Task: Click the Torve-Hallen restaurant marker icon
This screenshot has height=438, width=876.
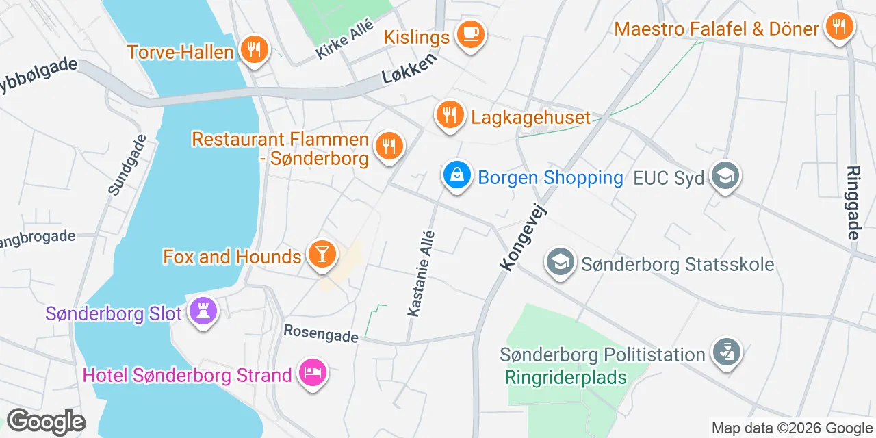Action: pyautogui.click(x=254, y=50)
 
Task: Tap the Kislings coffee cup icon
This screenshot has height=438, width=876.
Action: pyautogui.click(x=470, y=34)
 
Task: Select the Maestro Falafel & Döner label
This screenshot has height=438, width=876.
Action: pyautogui.click(x=717, y=29)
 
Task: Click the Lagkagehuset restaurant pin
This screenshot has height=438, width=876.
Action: pyautogui.click(x=449, y=114)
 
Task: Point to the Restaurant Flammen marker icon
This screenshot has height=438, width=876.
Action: pyautogui.click(x=388, y=146)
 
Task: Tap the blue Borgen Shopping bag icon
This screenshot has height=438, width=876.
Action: pyautogui.click(x=456, y=175)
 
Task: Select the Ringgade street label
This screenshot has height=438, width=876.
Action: pyautogui.click(x=853, y=203)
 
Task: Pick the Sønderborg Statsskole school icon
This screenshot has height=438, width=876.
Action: pyautogui.click(x=561, y=262)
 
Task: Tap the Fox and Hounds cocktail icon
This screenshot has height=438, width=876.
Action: pyautogui.click(x=321, y=255)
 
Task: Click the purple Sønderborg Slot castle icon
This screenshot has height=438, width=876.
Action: pyautogui.click(x=203, y=311)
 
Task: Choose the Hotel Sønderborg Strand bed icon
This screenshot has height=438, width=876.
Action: pyautogui.click(x=312, y=374)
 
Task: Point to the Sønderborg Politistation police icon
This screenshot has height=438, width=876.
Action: pyautogui.click(x=725, y=352)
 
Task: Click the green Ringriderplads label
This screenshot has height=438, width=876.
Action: pyautogui.click(x=566, y=377)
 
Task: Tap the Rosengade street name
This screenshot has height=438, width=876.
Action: pyautogui.click(x=321, y=335)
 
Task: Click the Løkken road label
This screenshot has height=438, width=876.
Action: pyautogui.click(x=409, y=70)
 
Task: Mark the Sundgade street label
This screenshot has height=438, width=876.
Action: pyautogui.click(x=128, y=165)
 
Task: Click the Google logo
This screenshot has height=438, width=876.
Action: pyautogui.click(x=45, y=422)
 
